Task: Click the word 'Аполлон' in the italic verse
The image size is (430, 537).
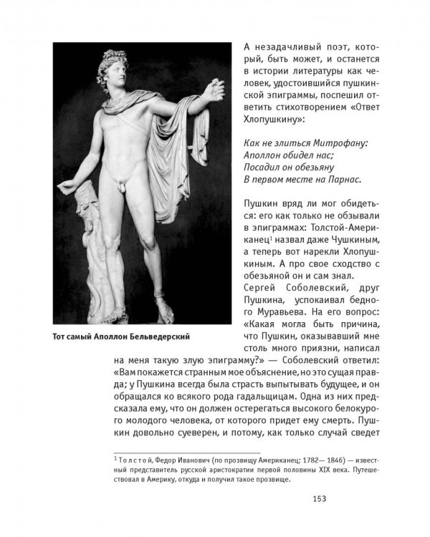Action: coord(265,155)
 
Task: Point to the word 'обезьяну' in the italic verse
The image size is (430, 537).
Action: coord(330,167)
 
